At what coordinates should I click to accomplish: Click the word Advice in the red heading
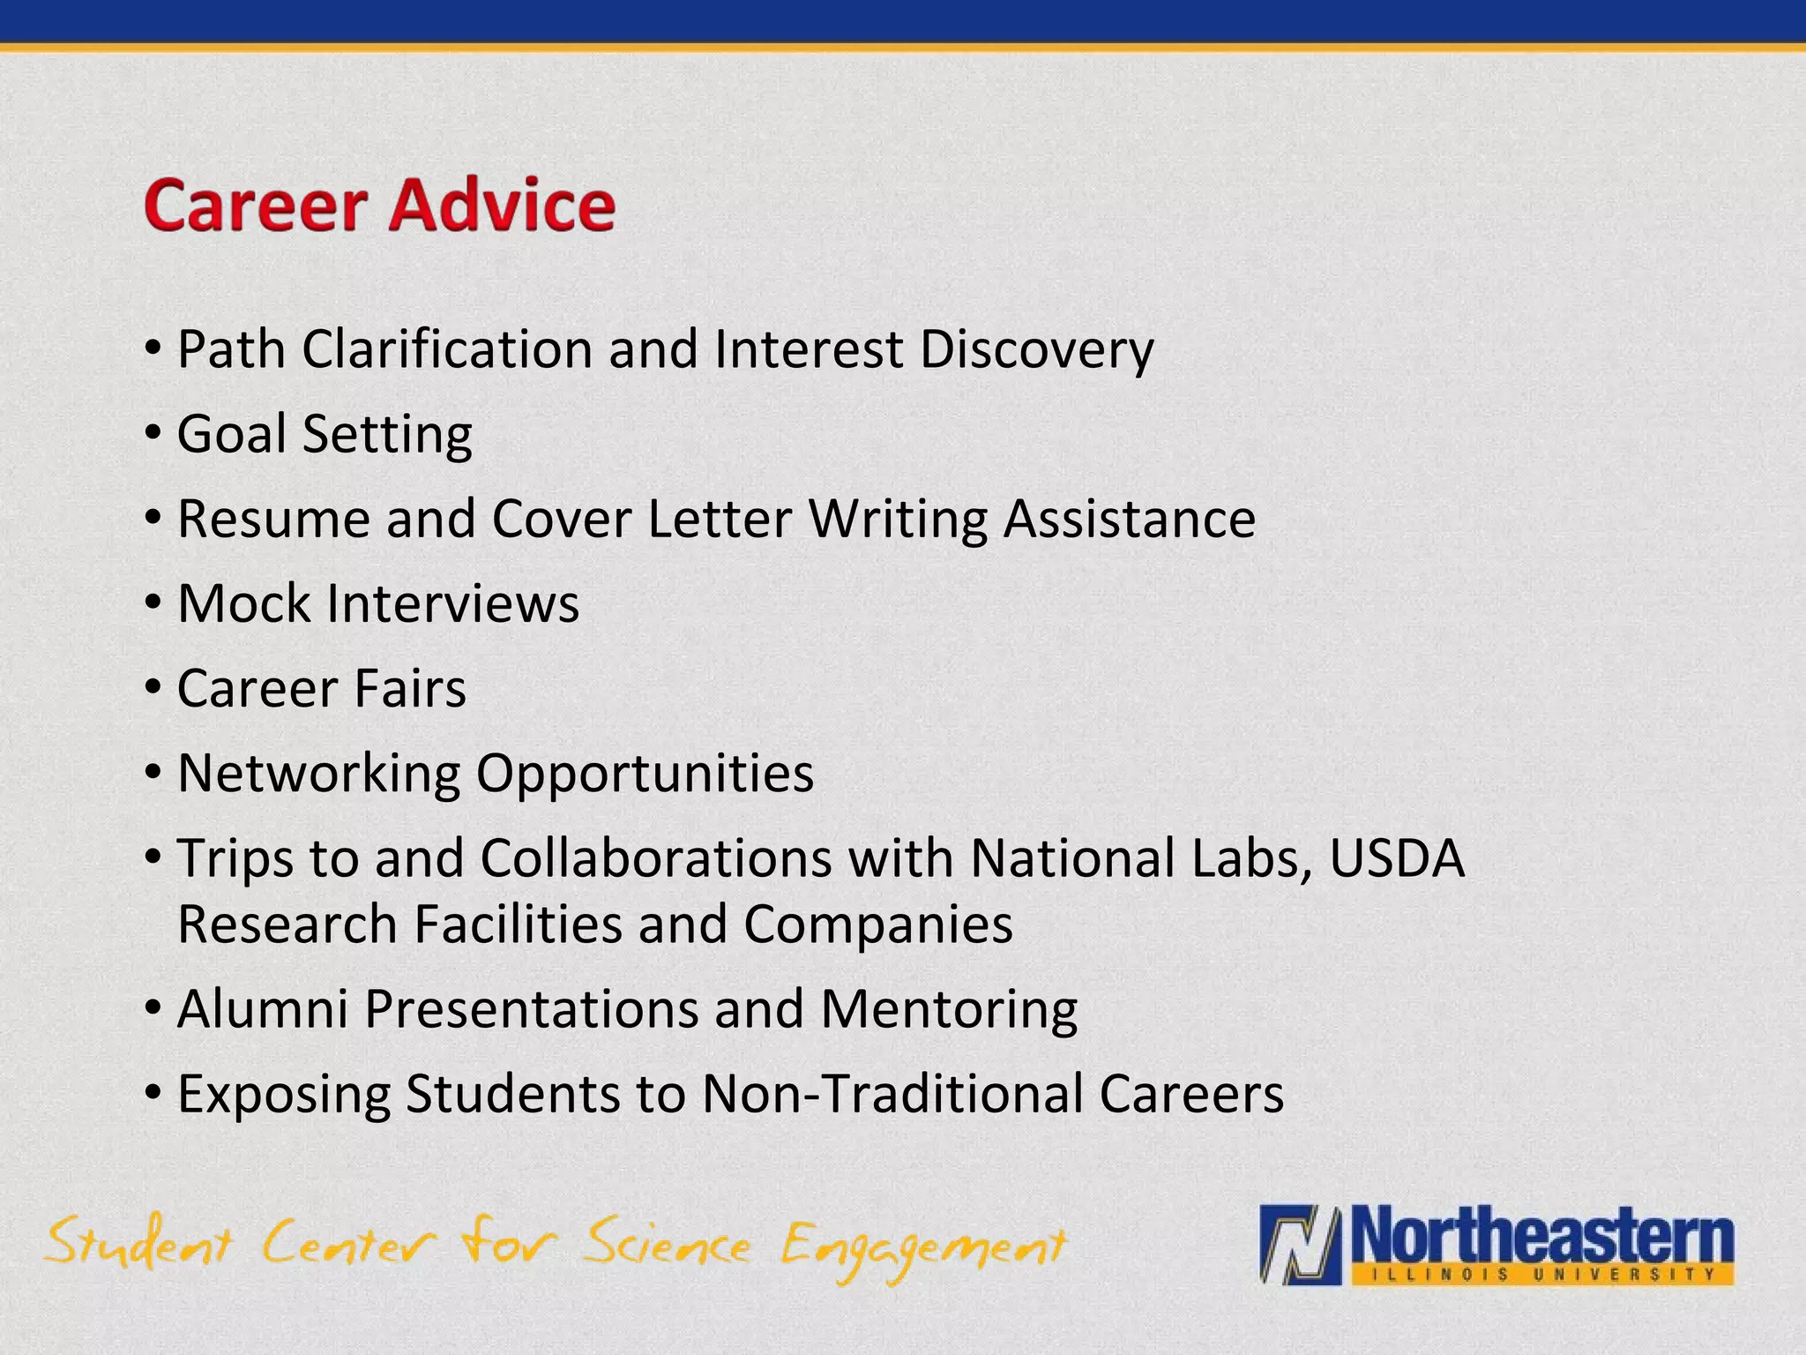502,206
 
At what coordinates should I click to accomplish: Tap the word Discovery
1036,350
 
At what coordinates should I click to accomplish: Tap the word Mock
244,603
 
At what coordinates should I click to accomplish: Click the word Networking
318,774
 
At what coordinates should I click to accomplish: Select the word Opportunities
645,774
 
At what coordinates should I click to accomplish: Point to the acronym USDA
1397,857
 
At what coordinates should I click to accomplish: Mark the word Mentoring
949,1008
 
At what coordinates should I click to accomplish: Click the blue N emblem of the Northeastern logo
1301,1245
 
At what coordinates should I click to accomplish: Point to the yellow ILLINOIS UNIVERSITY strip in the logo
1538,1274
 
